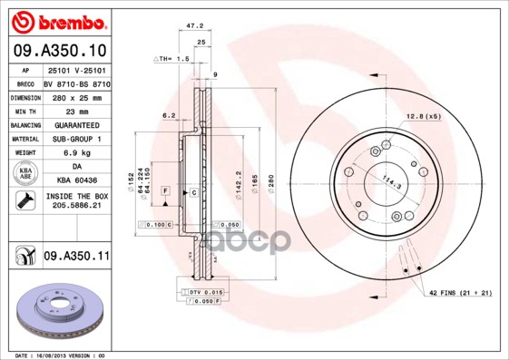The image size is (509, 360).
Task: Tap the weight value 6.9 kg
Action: [74, 153]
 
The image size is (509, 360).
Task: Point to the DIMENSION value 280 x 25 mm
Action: [74, 95]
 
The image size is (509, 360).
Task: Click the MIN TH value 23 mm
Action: [74, 110]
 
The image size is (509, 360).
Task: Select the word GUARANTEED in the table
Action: [74, 124]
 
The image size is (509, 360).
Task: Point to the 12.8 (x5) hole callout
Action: [423, 116]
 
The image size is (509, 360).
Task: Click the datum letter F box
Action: [166, 192]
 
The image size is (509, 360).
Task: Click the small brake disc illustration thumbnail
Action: [58, 312]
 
